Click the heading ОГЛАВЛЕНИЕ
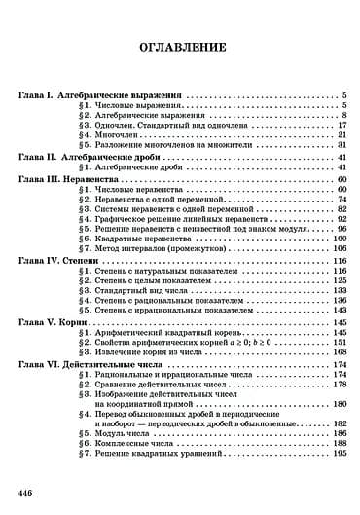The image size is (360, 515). tap(181, 47)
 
